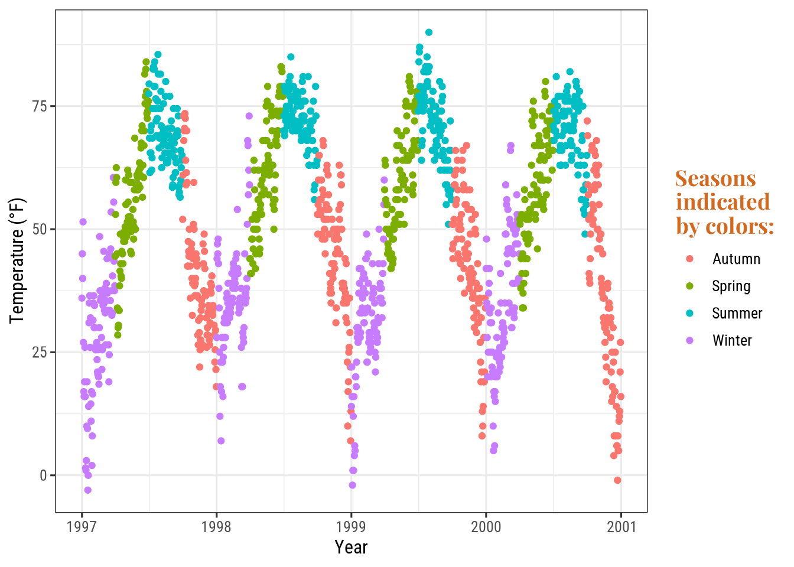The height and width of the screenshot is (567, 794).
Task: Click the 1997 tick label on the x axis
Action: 82,527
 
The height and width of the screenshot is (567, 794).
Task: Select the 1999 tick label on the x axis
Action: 351,527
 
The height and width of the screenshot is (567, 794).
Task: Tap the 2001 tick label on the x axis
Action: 621,527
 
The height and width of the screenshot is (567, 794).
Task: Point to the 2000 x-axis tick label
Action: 486,527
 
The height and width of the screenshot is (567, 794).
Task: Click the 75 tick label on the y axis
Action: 40,106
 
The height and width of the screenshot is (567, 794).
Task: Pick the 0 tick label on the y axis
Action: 43,475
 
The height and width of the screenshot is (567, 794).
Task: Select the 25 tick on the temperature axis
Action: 40,353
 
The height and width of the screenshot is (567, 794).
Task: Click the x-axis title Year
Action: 351,548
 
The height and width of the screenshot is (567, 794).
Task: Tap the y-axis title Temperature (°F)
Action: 18,260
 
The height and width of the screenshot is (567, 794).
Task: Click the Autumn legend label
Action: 736,259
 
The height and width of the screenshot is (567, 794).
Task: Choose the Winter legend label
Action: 732,341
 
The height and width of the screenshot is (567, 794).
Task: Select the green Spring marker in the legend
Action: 689,286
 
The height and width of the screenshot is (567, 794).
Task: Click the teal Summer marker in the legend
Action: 689,314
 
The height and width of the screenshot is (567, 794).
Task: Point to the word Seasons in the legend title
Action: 715,178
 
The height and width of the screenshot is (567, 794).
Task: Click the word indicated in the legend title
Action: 723,202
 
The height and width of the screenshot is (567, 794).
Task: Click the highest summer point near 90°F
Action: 429,32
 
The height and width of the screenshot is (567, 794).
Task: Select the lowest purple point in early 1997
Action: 87,490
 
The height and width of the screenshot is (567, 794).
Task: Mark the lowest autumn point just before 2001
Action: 617,480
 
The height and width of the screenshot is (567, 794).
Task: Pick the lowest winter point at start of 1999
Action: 352,485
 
